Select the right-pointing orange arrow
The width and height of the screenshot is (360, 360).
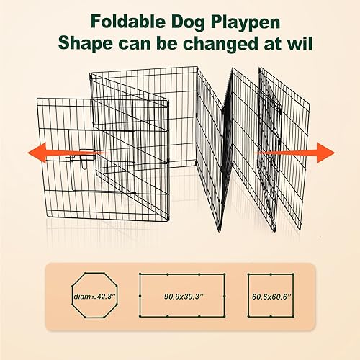click(x=302, y=153)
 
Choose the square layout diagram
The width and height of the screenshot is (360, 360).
click(x=268, y=295)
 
